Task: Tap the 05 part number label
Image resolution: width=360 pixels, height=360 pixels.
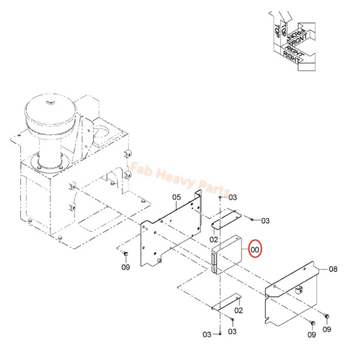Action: (175, 197)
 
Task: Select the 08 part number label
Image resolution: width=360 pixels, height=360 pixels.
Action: (333, 269)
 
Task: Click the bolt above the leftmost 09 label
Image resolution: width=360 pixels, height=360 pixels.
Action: (125, 255)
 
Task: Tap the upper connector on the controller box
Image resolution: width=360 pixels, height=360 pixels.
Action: (215, 258)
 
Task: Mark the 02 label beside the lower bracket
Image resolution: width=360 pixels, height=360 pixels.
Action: (238, 310)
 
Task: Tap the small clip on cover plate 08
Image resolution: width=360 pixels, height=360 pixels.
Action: (300, 290)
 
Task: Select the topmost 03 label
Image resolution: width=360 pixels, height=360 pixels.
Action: (233, 197)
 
